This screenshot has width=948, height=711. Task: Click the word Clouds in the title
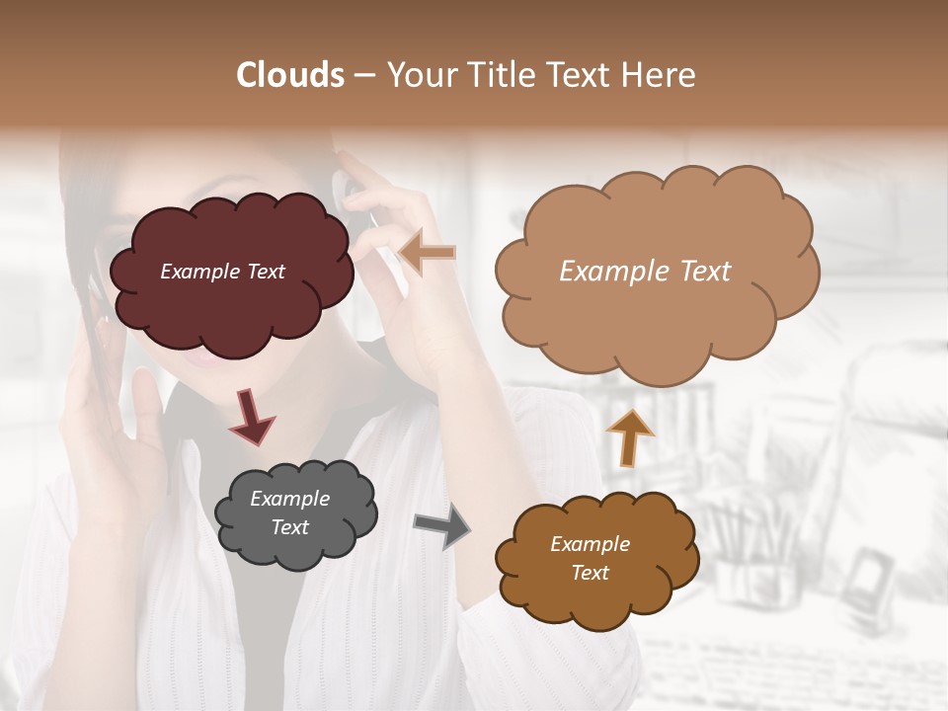[290, 75]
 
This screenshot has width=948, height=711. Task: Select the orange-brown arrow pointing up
[629, 436]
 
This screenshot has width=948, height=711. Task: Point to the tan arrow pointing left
[429, 253]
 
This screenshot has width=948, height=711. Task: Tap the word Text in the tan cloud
[698, 272]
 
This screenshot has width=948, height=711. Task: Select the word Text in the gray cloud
[290, 527]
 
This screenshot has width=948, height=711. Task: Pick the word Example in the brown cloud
[590, 544]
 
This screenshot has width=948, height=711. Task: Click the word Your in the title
[417, 75]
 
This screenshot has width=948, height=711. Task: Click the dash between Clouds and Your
[362, 76]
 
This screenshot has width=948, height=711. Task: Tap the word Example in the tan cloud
[604, 272]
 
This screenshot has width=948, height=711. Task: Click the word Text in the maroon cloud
[264, 272]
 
